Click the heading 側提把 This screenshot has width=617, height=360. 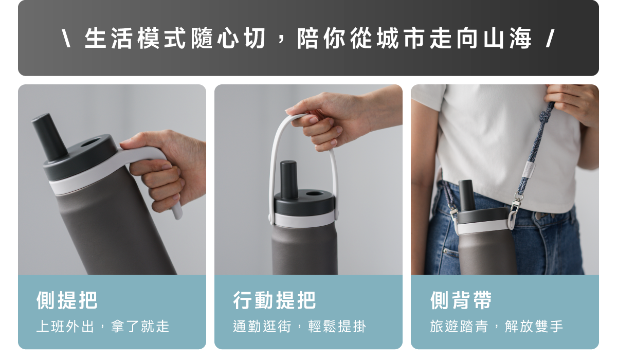[67, 300]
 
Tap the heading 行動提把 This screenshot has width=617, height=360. [275, 300]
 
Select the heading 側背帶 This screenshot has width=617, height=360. [461, 300]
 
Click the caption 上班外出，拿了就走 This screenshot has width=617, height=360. [103, 327]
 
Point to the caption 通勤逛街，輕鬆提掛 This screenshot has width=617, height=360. [299, 327]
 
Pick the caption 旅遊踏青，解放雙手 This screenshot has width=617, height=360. [496, 327]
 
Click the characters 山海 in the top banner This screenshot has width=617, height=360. [507, 38]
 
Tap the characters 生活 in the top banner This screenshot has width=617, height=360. [108, 38]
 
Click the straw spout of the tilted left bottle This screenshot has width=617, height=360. [49, 137]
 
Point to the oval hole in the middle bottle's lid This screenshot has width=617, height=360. [315, 193]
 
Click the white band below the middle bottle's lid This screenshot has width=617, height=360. [304, 220]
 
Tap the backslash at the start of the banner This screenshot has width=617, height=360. [66, 38]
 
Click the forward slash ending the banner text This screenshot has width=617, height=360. [550, 38]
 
